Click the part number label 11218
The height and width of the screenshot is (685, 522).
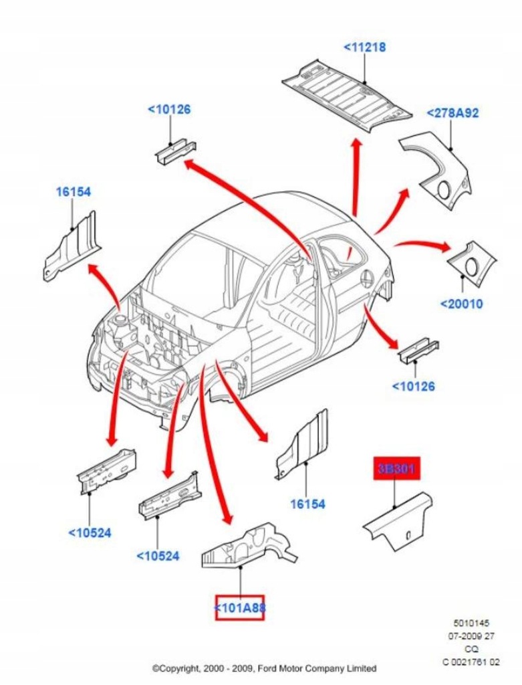tap(364, 47)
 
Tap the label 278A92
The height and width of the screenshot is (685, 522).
tap(452, 114)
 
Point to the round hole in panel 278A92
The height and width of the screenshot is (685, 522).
tap(443, 190)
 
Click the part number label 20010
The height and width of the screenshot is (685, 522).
tap(461, 304)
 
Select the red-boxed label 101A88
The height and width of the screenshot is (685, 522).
tap(239, 607)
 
